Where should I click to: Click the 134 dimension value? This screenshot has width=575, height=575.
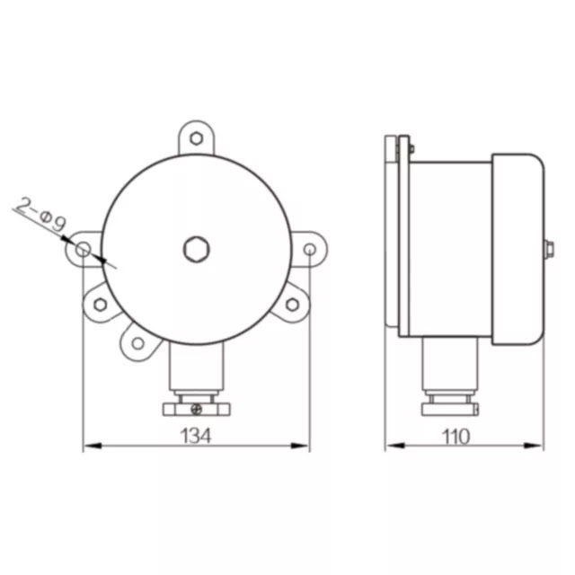click(x=196, y=436)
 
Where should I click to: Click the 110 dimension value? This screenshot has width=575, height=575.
click(x=456, y=437)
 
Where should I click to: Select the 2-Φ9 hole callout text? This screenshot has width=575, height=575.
click(x=41, y=215)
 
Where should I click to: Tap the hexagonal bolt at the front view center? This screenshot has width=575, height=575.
click(x=196, y=250)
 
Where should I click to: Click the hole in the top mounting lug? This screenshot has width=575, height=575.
click(x=196, y=138)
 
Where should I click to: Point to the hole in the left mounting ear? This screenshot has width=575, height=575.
click(x=83, y=250)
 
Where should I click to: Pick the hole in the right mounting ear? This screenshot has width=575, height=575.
click(x=310, y=250)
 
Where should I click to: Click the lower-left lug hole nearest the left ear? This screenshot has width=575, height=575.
click(x=100, y=304)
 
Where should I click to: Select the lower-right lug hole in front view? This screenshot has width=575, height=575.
click(x=292, y=305)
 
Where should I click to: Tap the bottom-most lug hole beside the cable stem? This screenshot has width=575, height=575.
click(x=137, y=343)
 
